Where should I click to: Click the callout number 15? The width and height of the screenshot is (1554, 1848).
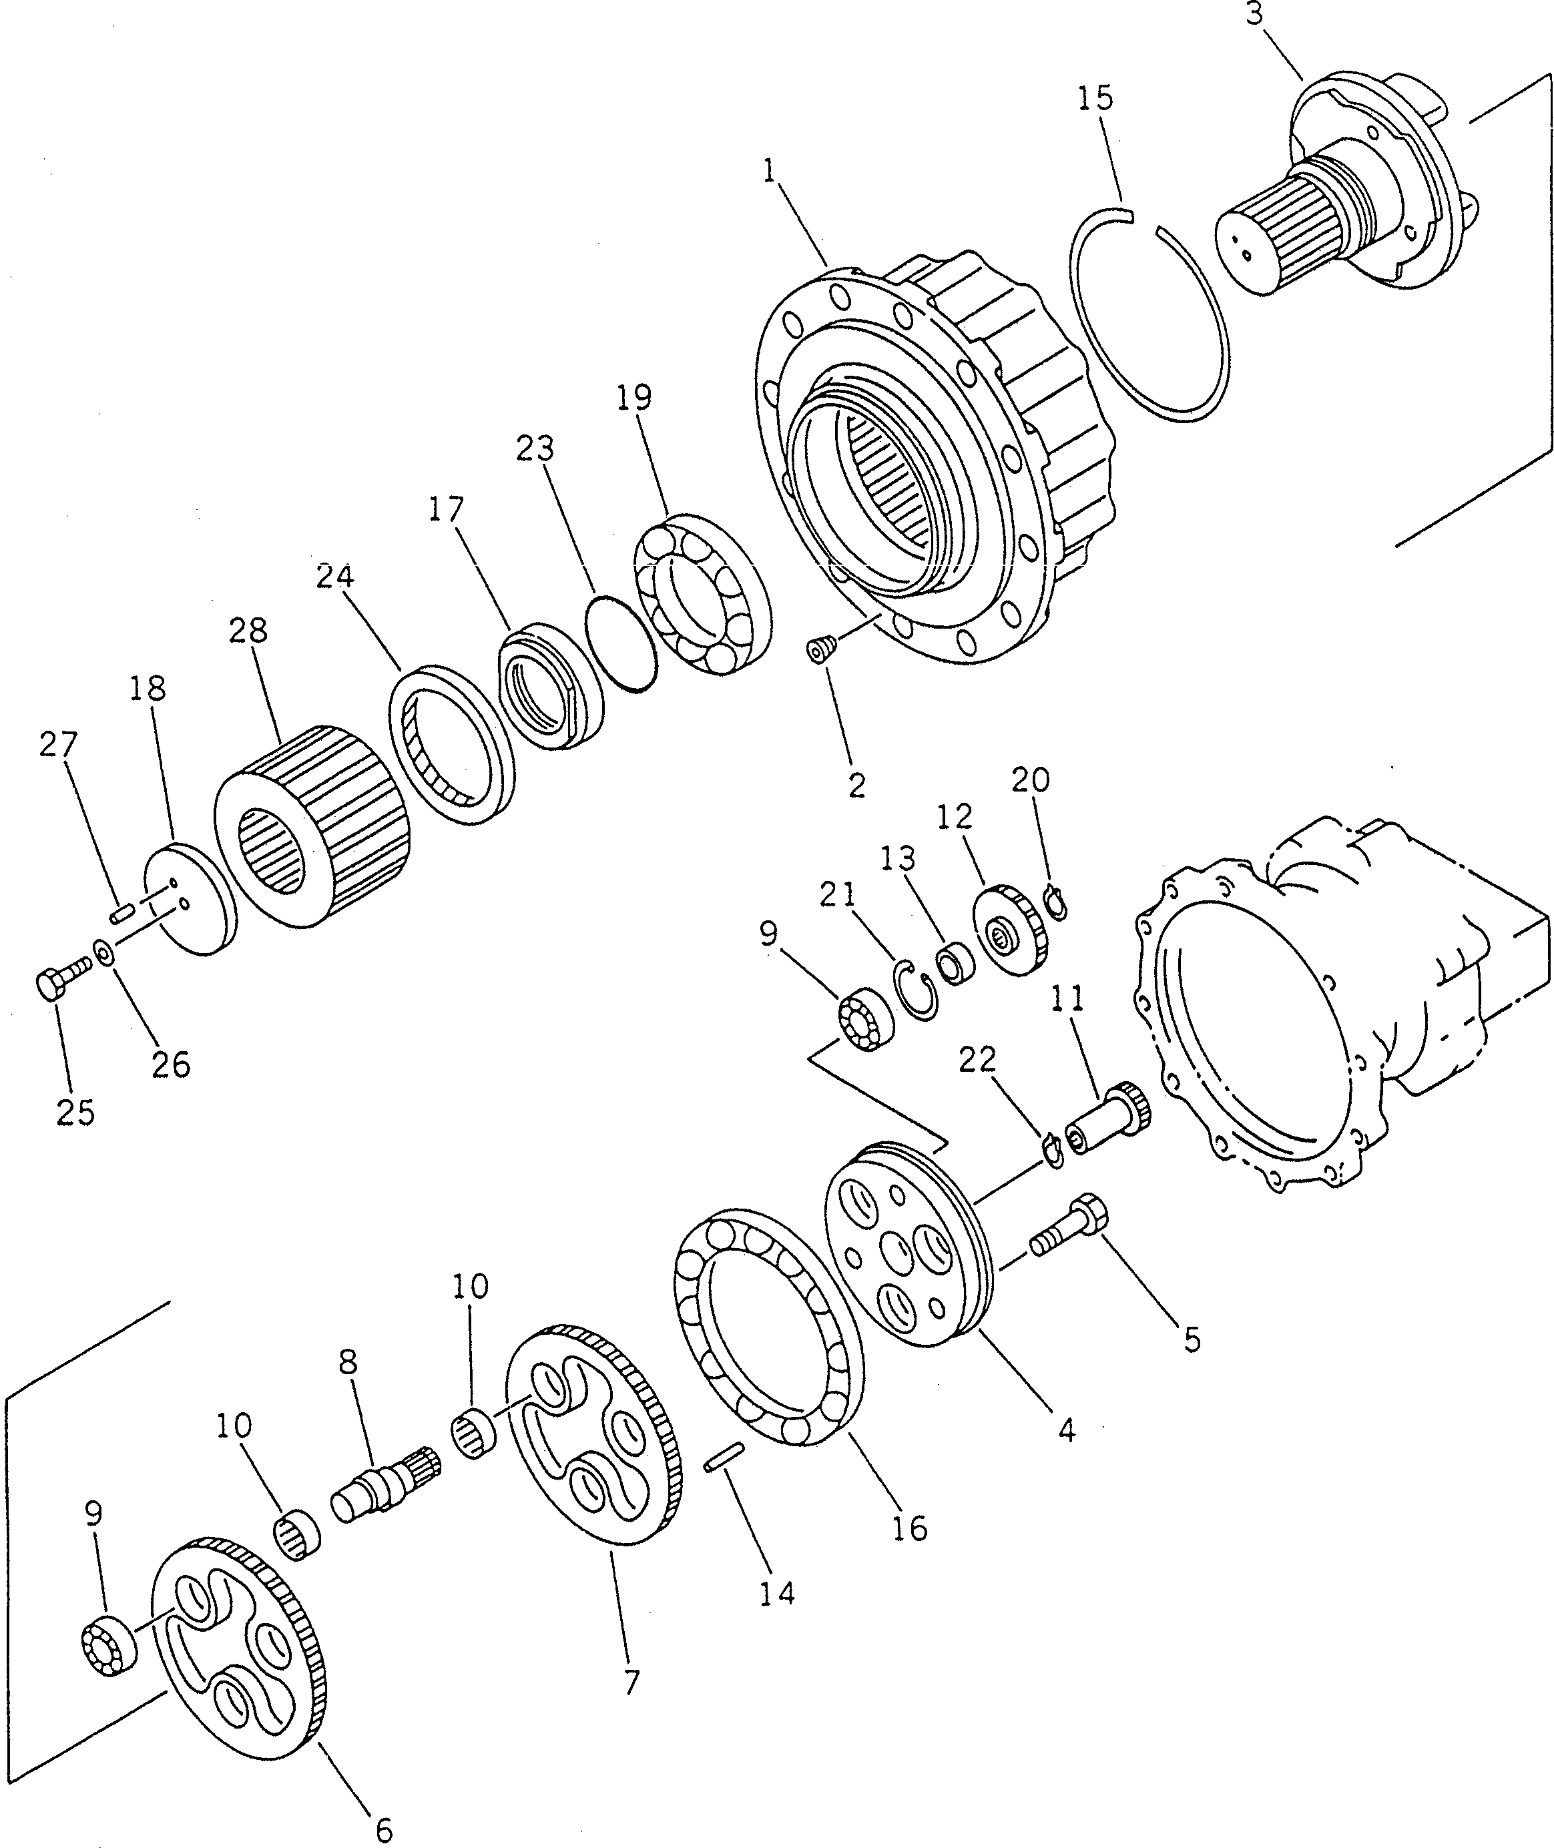(x=1095, y=98)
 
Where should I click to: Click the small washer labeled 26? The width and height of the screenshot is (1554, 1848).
(x=104, y=952)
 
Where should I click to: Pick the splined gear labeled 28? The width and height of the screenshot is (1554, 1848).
(x=313, y=824)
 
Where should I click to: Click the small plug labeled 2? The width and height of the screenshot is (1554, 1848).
(x=821, y=651)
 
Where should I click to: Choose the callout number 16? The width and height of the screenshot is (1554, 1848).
(x=910, y=1528)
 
